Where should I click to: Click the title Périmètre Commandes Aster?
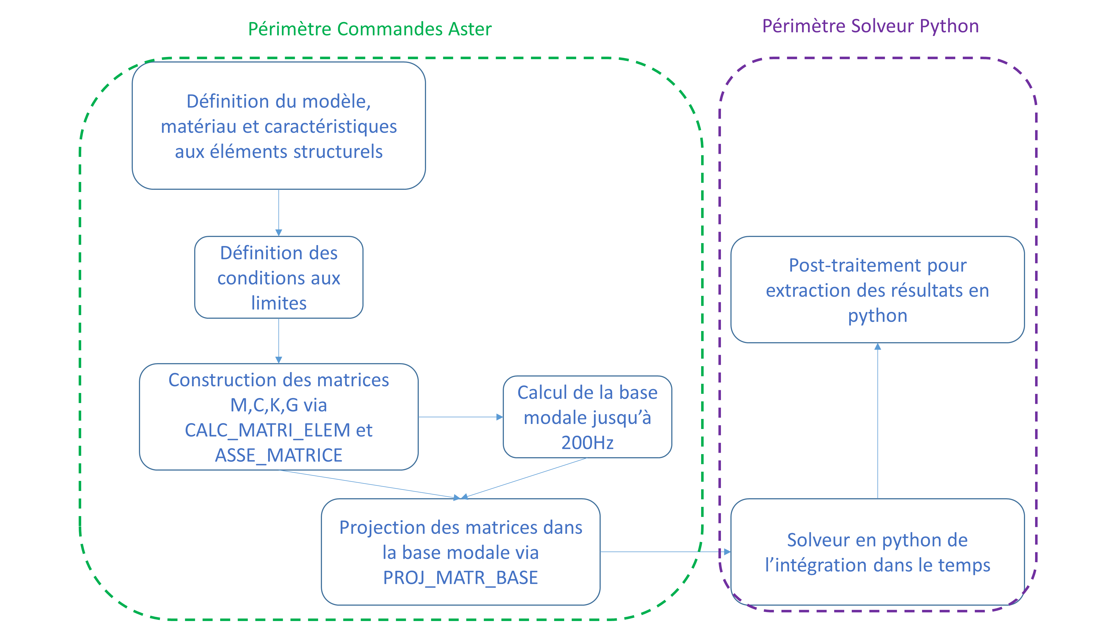[370, 29]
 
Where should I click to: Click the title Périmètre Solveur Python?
[870, 26]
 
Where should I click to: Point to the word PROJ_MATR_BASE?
[460, 578]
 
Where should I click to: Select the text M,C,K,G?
[264, 405]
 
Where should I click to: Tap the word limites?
[278, 303]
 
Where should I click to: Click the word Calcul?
[542, 393]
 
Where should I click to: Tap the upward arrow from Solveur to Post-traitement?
[877, 420]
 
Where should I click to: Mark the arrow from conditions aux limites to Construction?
[278, 341]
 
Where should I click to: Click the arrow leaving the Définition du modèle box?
[278, 212]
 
